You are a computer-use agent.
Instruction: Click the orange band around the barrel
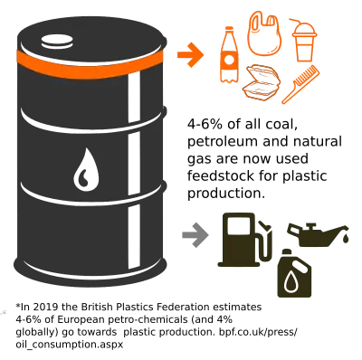90,65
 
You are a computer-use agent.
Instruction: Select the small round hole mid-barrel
89,169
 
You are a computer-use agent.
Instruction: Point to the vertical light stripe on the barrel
136,172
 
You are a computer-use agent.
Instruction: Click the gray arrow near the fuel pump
192,235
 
